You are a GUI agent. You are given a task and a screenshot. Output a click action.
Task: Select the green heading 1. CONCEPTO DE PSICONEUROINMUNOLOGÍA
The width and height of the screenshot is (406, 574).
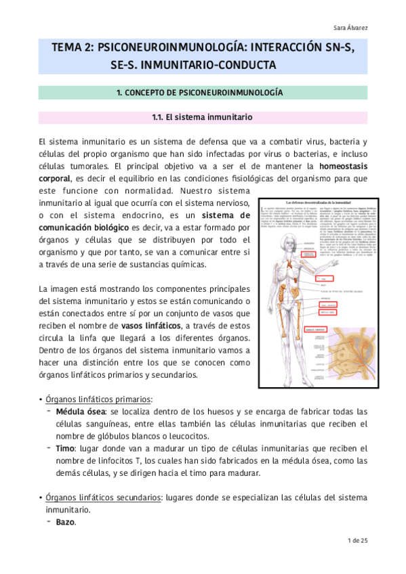coord(203,92)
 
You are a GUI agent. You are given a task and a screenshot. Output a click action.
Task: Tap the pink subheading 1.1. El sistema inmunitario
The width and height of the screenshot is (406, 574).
coord(203,117)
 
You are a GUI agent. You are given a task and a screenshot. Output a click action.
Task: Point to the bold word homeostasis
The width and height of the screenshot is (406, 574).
coord(342,165)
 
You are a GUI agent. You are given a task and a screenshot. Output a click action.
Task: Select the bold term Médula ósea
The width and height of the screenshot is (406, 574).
coord(81,411)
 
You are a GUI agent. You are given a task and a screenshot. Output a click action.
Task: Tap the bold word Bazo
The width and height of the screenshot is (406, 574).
coord(66,522)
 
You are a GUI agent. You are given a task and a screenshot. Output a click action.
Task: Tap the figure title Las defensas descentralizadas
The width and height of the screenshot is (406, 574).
coord(319,202)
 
